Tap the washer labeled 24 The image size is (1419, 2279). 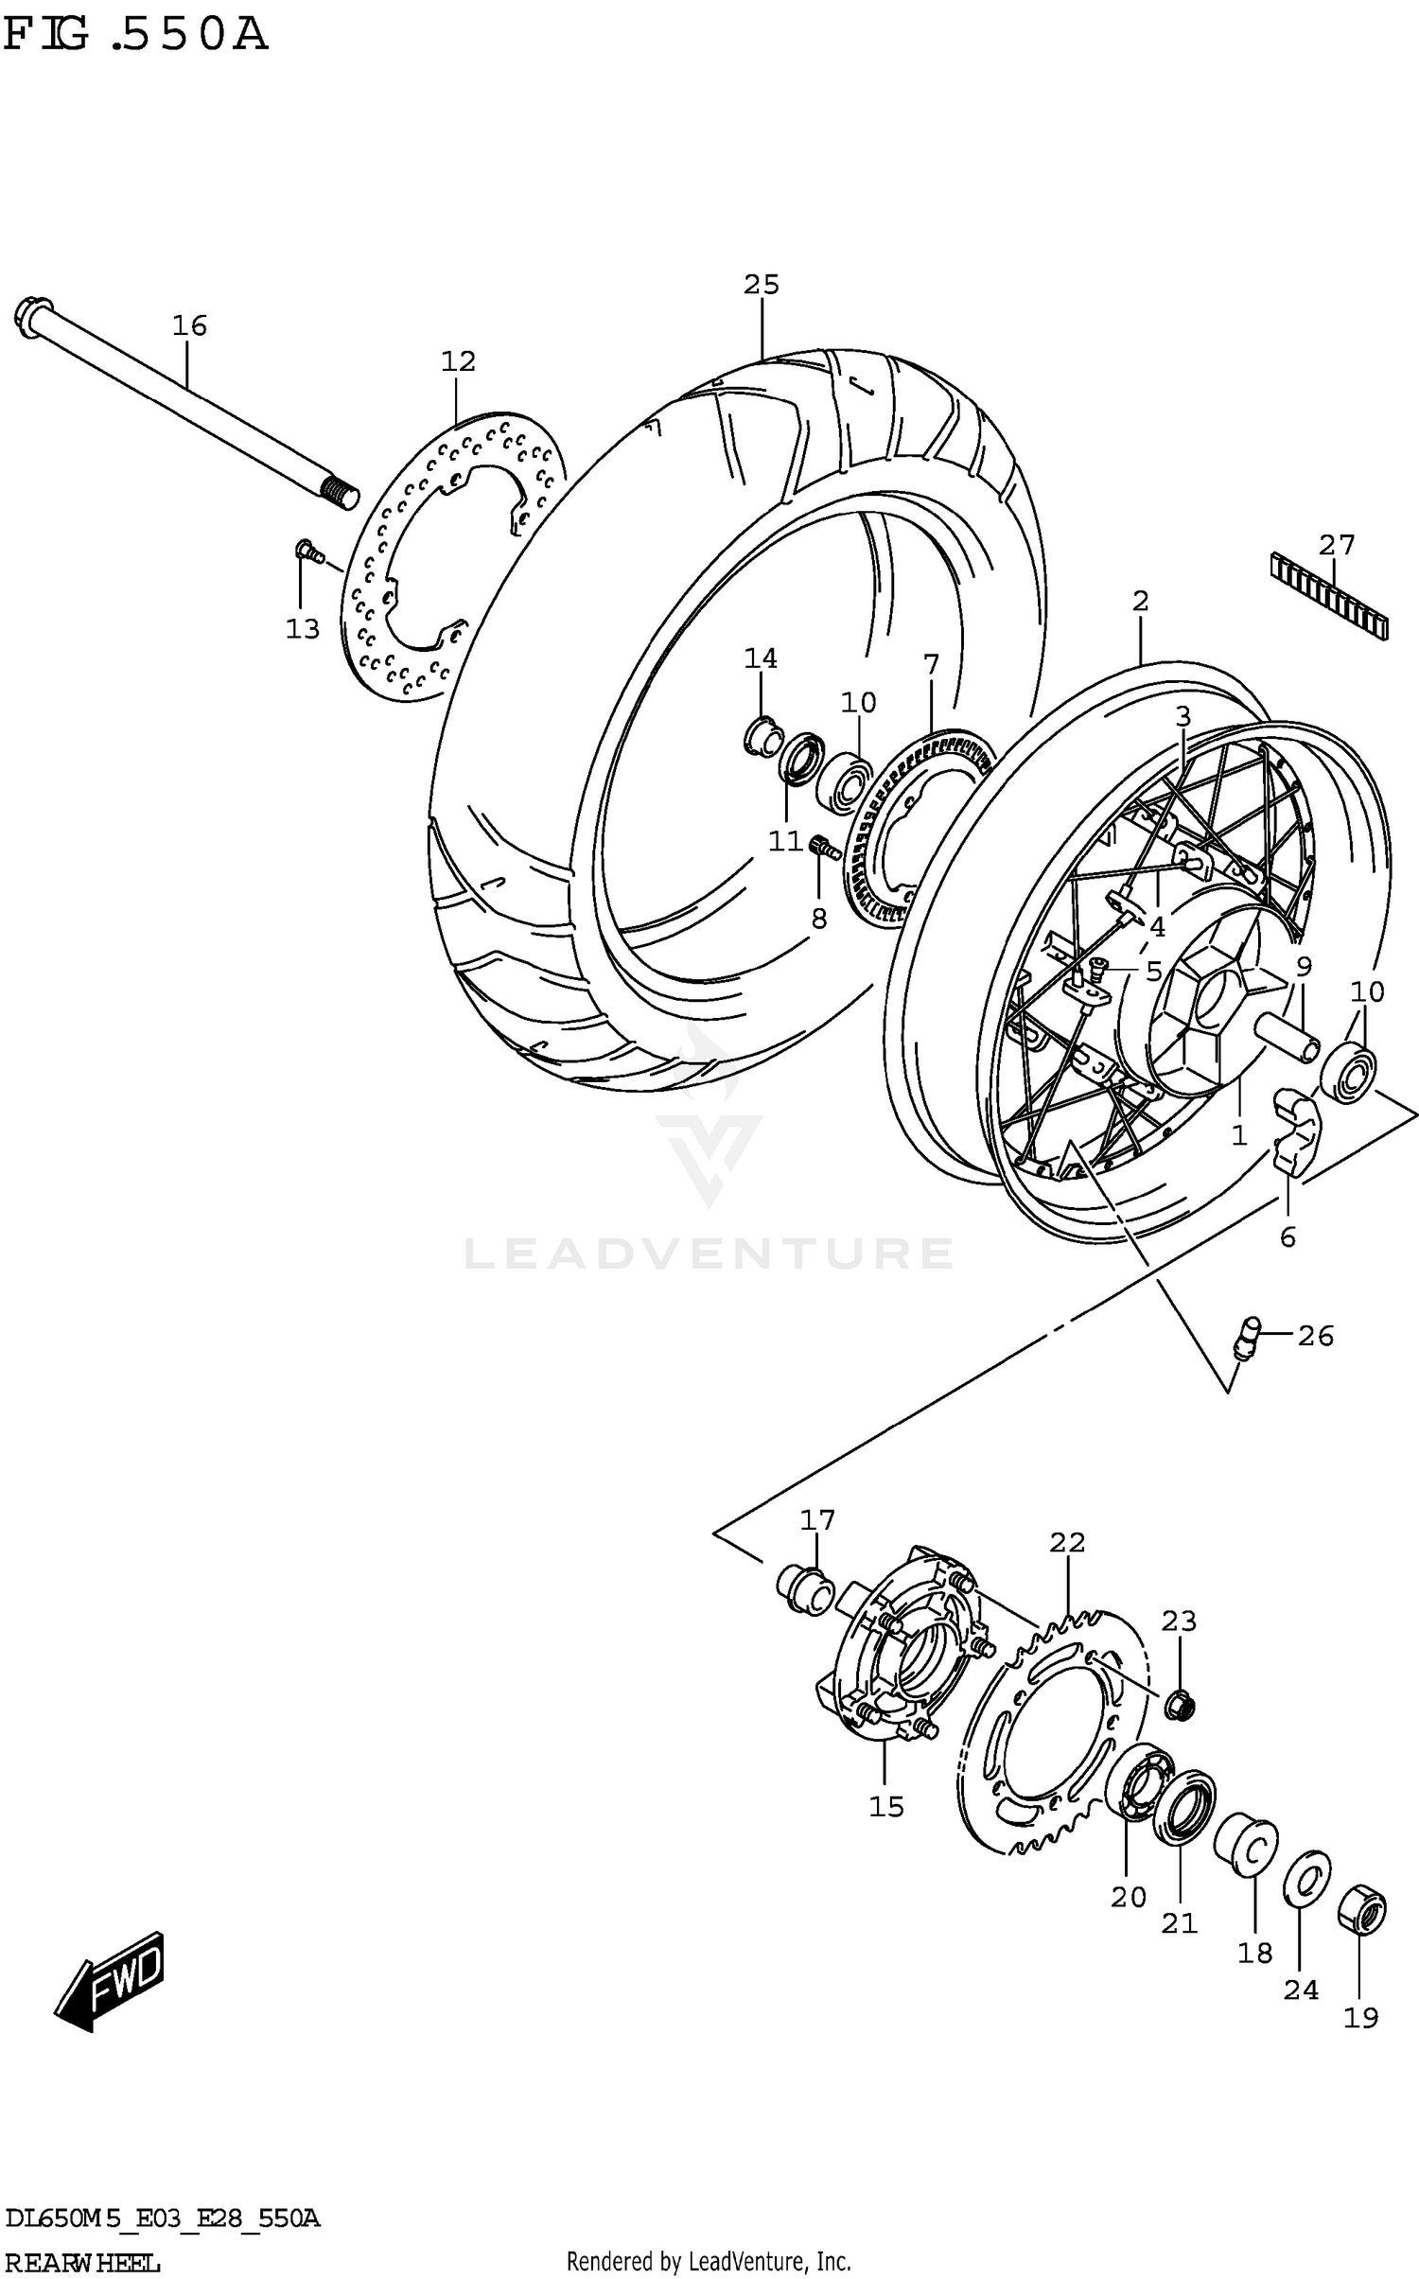[x=1306, y=1875]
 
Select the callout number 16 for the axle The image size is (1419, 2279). [x=189, y=325]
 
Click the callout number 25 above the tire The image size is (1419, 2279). [x=761, y=285]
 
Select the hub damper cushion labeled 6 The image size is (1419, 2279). [x=1290, y=1131]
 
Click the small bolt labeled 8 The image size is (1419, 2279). [x=825, y=848]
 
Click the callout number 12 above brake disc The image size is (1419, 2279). [x=458, y=361]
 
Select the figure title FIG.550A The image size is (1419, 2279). [x=135, y=35]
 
